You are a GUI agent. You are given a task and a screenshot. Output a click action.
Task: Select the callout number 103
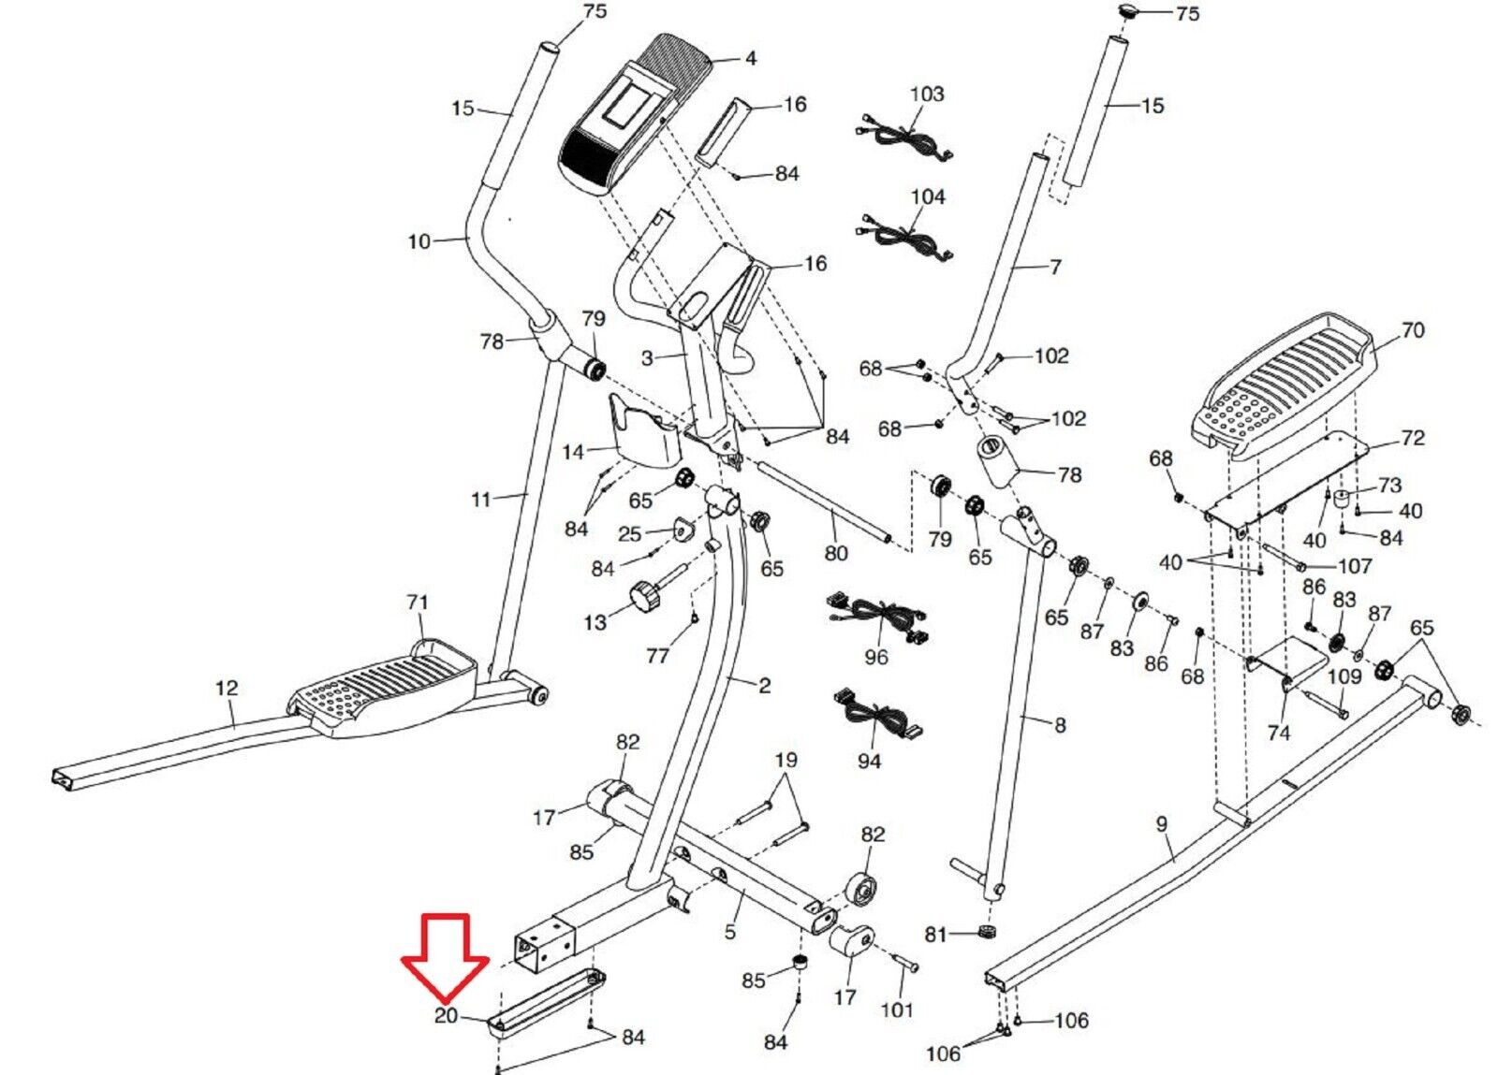click(927, 94)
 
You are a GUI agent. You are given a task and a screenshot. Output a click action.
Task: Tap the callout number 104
click(928, 196)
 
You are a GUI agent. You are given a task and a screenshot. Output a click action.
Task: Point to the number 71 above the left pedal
click(418, 603)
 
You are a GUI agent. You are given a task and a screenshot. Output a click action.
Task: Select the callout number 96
click(876, 657)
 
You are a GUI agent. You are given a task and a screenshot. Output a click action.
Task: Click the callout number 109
click(1344, 676)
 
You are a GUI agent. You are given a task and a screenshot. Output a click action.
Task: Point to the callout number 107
click(1355, 565)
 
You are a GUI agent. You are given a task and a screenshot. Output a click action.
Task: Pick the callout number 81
click(936, 934)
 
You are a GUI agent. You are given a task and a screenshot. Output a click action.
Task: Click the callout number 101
click(897, 1010)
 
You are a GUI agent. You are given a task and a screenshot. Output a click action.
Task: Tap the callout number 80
click(835, 553)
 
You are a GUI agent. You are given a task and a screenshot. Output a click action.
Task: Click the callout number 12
click(227, 688)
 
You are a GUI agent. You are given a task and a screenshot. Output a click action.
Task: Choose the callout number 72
click(1412, 438)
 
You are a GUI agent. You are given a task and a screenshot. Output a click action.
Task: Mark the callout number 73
click(1390, 485)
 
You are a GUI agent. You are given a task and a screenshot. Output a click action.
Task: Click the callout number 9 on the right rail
click(1162, 824)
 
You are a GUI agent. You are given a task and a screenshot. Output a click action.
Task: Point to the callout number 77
click(657, 656)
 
